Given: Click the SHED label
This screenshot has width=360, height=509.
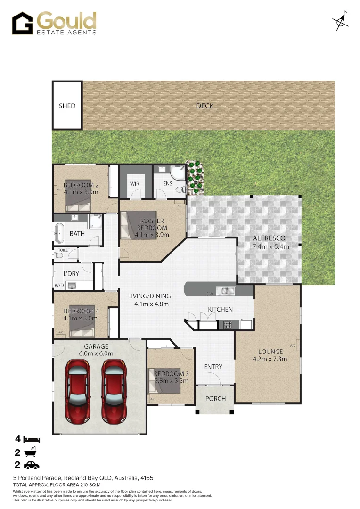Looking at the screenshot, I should (x=67, y=106).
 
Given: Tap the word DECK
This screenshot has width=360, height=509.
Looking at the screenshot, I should (x=205, y=106).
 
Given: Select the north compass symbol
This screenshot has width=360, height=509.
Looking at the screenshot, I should (x=341, y=21).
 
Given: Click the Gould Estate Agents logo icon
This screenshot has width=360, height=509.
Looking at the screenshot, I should (x=22, y=24).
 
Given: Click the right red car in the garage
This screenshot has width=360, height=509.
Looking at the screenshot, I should (x=113, y=391).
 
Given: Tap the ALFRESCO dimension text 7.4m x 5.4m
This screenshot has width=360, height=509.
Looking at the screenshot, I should (x=270, y=246).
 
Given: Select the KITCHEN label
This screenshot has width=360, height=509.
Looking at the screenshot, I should (x=221, y=309).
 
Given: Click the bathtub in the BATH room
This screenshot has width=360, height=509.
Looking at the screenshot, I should (x=59, y=232).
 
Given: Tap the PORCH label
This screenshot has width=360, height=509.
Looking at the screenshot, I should (x=215, y=399).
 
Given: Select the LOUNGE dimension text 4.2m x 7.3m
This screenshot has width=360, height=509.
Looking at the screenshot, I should (x=270, y=359).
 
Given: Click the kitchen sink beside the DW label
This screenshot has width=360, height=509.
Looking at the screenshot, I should (x=226, y=291).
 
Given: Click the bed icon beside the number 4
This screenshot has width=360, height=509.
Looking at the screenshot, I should (x=33, y=440).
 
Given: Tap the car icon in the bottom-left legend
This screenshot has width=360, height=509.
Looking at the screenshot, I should (x=31, y=465).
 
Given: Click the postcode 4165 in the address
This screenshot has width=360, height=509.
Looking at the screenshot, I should (x=147, y=478).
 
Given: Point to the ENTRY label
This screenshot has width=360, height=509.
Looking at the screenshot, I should (x=213, y=367).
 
